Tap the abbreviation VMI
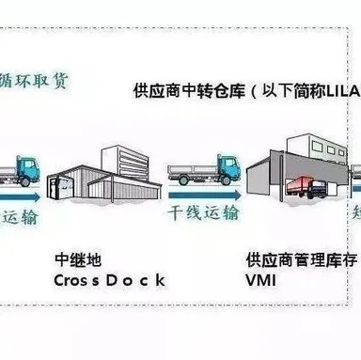point(261,280)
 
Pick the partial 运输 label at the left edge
point(19,217)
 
